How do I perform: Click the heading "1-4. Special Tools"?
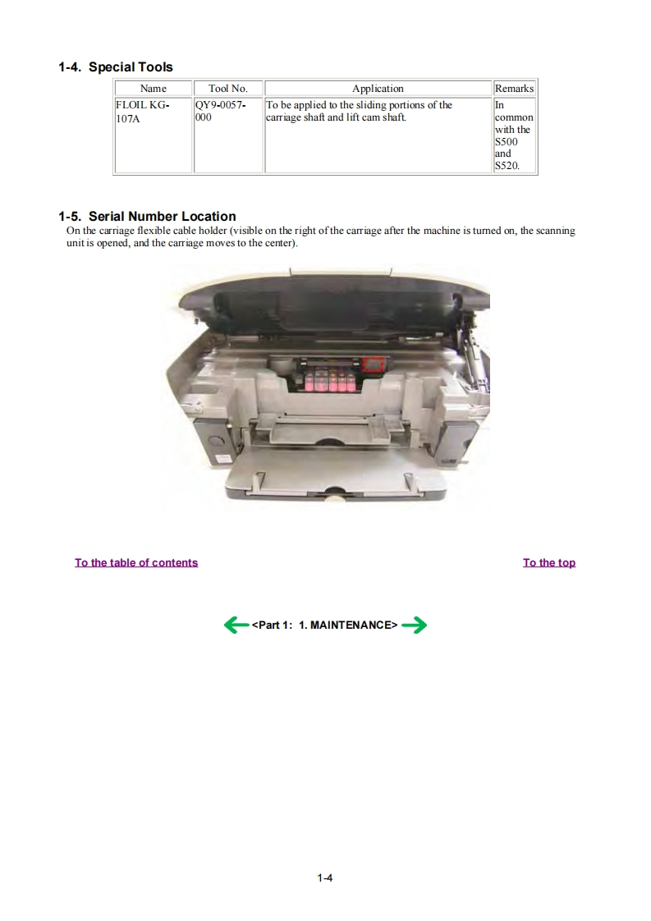(x=116, y=67)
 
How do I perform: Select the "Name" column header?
(x=154, y=88)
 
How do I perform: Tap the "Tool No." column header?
(x=228, y=88)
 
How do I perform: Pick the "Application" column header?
(x=378, y=88)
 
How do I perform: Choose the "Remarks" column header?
(x=514, y=88)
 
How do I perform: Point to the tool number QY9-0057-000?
(x=220, y=111)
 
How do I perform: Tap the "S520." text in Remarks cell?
(x=507, y=166)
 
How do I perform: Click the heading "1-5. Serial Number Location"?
(x=148, y=216)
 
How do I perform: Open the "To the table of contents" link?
(x=136, y=563)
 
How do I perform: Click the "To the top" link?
(x=549, y=563)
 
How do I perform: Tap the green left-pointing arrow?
(x=236, y=625)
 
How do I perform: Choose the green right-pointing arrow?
(x=415, y=625)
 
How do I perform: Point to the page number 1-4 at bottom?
(x=325, y=878)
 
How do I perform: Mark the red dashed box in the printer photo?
(x=374, y=364)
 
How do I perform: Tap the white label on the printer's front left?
(x=224, y=459)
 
